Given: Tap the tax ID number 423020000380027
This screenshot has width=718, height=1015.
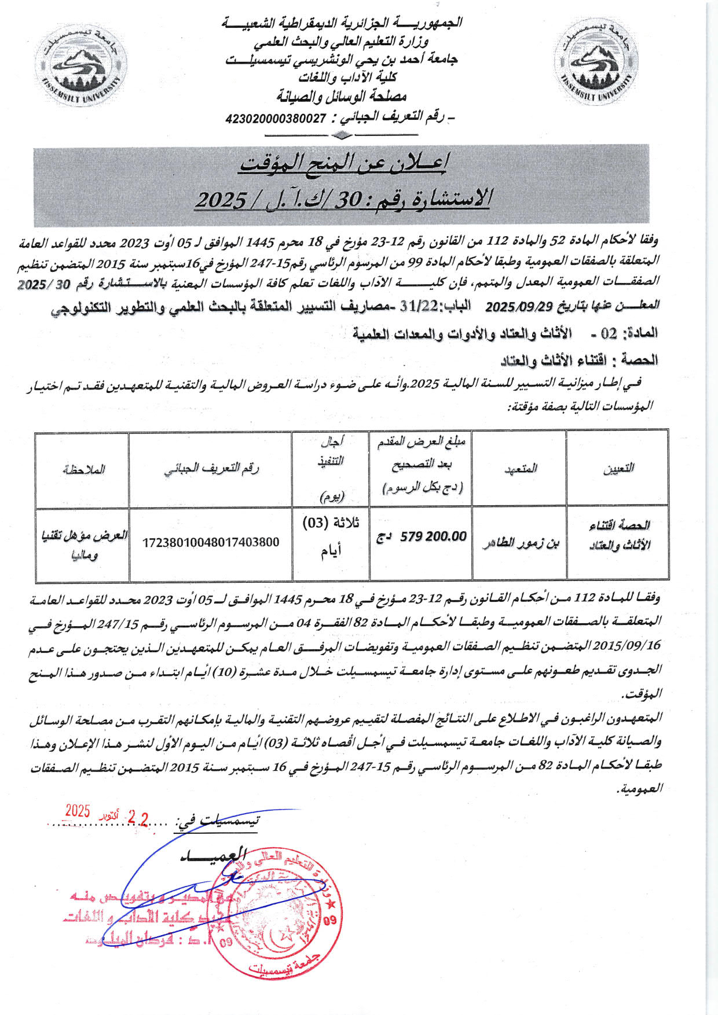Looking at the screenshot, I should point(276,119).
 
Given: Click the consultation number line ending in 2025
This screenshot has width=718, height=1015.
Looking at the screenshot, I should point(343,200).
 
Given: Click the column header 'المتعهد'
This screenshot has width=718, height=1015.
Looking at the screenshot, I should point(520,469).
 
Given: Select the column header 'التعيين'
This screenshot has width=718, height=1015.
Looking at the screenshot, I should point(618,469).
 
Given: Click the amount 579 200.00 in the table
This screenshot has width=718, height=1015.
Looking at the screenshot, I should point(433,537).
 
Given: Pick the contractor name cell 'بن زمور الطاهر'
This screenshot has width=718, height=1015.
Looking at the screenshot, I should point(520,544).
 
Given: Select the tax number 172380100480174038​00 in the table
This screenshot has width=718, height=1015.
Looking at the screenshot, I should point(211,543).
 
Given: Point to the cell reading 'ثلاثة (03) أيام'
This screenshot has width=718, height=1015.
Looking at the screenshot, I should point(331,536).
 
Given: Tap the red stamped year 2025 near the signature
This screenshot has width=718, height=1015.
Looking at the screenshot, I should point(77,811).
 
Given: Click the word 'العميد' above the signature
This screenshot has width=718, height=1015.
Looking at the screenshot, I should point(213,855).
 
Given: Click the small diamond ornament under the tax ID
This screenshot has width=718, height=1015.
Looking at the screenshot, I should point(341,136).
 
